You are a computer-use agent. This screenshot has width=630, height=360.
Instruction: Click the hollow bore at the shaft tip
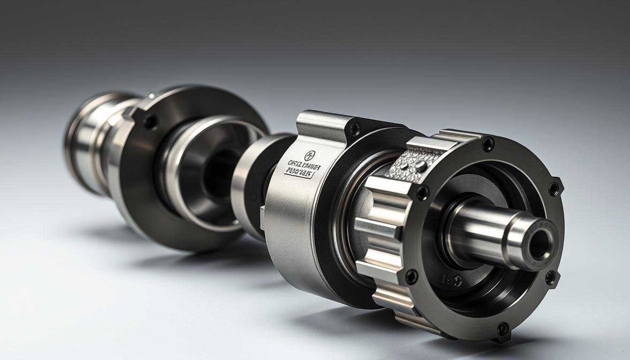540,244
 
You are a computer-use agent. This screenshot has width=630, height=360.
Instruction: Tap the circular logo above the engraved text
308,156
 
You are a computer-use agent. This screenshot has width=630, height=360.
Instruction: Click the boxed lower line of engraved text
299,173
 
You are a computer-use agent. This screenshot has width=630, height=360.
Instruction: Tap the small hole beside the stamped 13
457,281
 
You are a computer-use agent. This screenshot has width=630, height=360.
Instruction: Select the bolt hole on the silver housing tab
355,127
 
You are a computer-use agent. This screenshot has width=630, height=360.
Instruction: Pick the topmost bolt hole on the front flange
488,143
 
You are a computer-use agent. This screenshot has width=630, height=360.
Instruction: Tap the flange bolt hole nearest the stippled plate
422,192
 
